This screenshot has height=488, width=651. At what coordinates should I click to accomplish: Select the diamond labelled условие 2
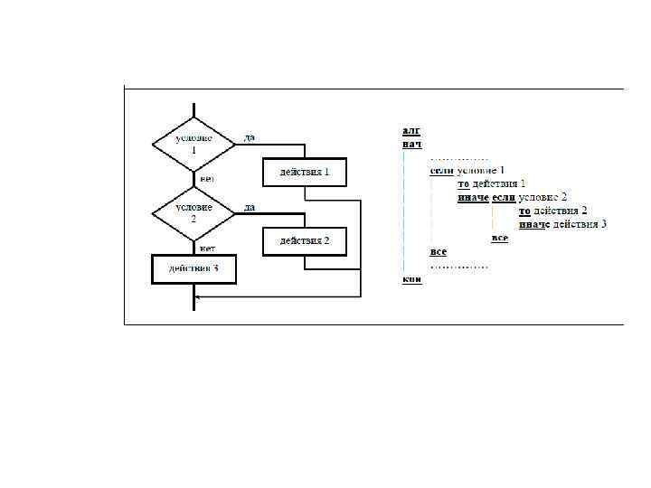193,213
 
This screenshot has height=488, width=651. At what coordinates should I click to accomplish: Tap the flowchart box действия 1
305,172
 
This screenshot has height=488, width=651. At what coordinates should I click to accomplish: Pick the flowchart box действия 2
305,240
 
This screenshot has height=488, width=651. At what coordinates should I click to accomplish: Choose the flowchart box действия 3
193,268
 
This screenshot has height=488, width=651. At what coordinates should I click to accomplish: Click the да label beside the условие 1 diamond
250,137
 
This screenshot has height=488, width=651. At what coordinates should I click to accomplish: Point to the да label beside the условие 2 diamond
250,207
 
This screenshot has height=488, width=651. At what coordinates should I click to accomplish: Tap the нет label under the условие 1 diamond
207,179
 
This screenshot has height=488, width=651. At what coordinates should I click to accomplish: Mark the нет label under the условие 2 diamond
207,248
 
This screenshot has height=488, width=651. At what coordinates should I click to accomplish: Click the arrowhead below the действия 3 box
198,296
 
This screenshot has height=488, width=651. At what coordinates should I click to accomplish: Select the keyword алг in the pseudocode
411,130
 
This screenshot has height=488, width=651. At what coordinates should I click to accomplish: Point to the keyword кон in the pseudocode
412,279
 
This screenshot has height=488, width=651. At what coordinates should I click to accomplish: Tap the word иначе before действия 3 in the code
533,223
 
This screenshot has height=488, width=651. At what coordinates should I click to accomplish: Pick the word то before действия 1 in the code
463,183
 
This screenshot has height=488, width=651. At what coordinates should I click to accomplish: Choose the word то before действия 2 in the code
524,210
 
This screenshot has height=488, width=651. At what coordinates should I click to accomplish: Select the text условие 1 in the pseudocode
481,170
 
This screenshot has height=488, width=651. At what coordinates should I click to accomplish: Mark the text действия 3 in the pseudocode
580,223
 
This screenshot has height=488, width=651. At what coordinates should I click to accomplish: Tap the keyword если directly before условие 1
441,170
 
